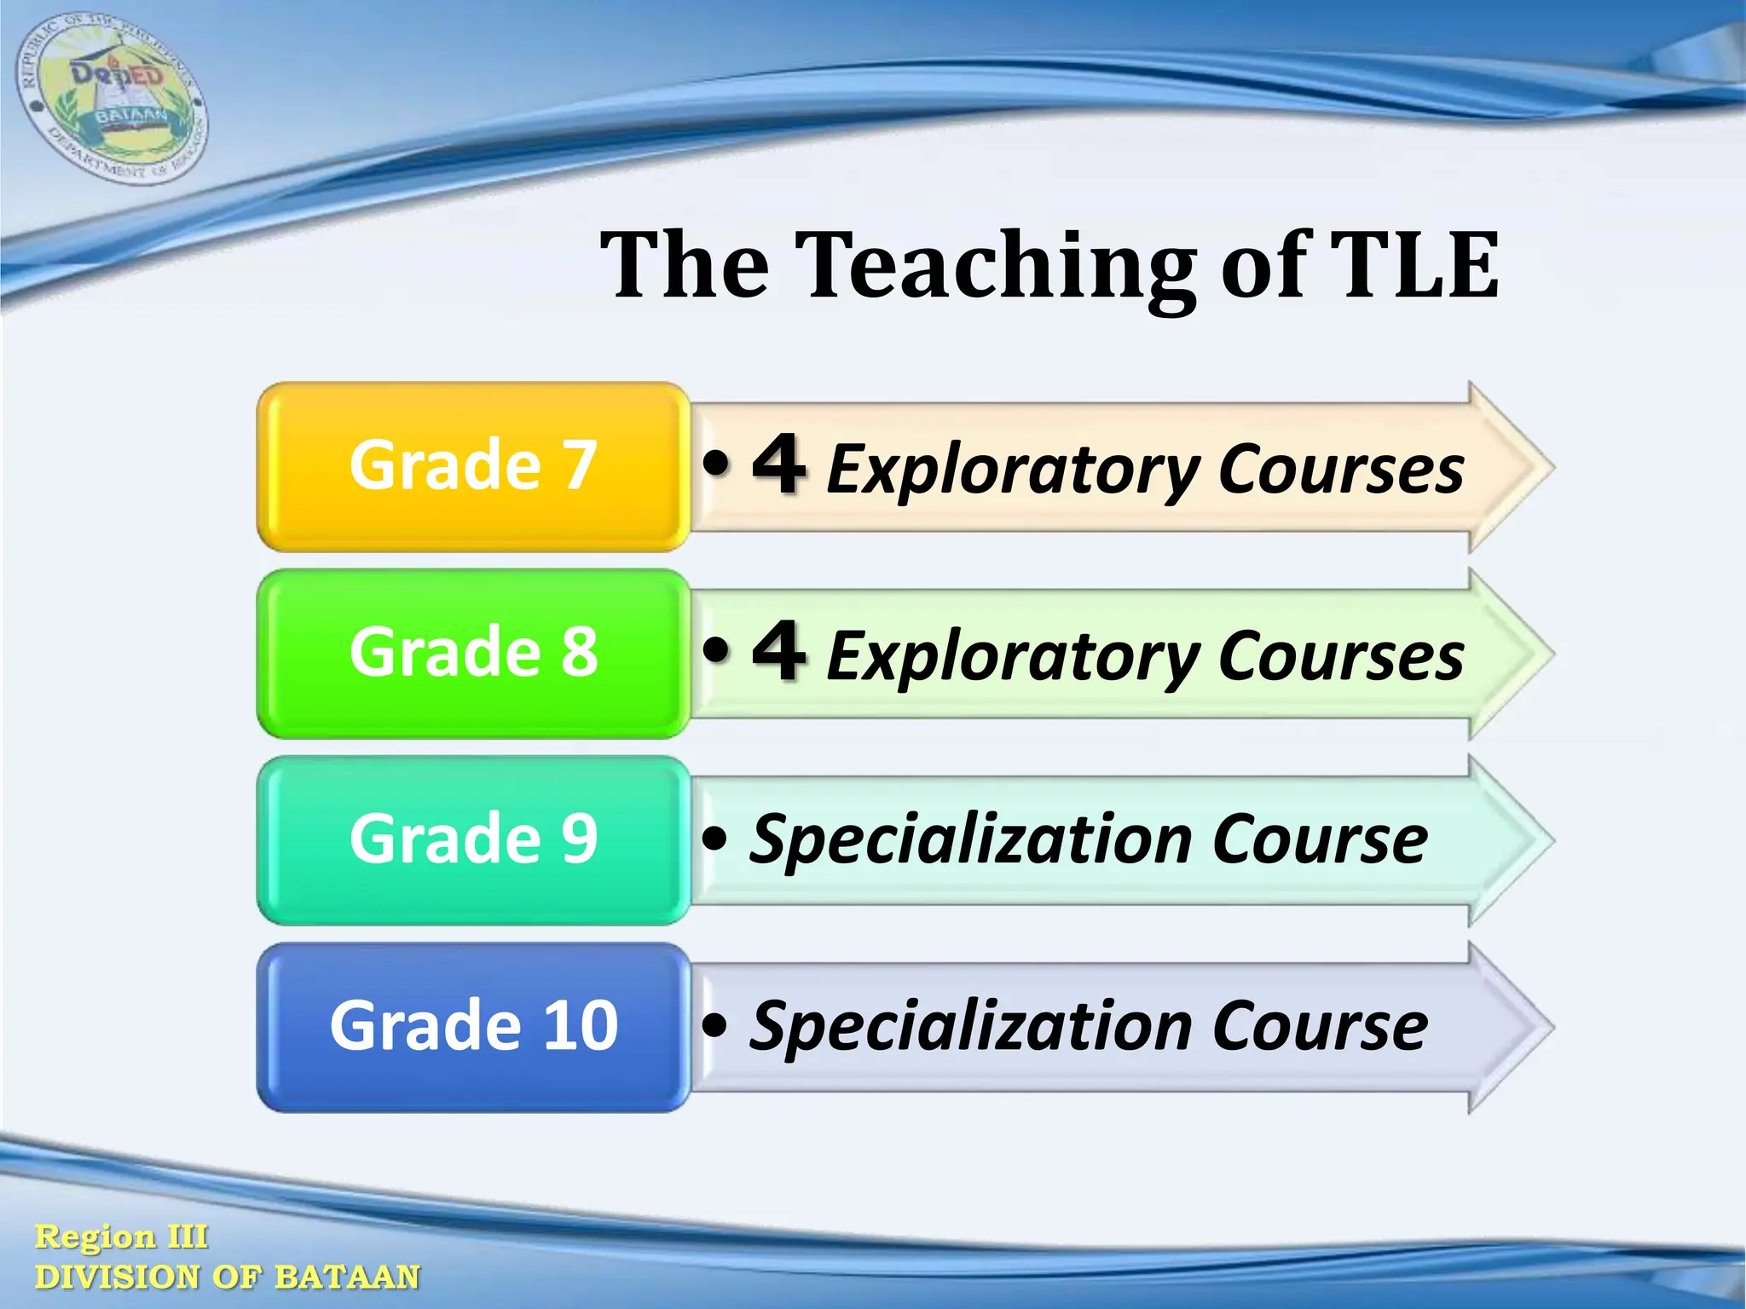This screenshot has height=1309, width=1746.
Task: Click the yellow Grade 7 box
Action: (x=473, y=466)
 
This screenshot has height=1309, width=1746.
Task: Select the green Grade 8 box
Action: (x=473, y=653)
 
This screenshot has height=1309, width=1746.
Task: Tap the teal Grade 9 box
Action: (x=473, y=839)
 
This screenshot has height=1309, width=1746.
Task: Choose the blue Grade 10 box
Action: (x=473, y=1026)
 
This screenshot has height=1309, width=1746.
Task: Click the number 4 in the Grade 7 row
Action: (x=778, y=464)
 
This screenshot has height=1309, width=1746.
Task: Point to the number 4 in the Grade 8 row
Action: (x=778, y=652)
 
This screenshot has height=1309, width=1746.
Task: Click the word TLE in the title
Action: (x=1414, y=266)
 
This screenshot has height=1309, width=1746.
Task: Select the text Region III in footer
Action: (x=121, y=1237)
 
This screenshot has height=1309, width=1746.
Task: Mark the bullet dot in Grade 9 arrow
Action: (x=715, y=839)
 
